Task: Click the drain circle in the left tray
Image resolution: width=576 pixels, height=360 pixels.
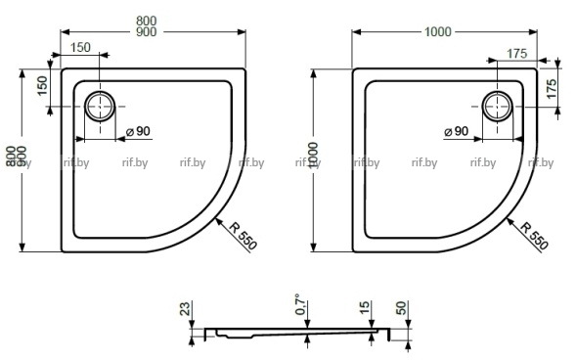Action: click(x=85, y=107)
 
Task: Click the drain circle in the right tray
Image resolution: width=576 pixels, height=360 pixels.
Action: click(x=482, y=107)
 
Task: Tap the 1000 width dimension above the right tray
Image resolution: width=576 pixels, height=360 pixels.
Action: click(x=438, y=31)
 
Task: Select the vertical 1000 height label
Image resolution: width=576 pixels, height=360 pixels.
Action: click(x=313, y=156)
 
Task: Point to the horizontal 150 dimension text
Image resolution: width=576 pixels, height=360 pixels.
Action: click(x=80, y=47)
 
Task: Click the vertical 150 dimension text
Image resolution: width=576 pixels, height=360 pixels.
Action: click(x=43, y=85)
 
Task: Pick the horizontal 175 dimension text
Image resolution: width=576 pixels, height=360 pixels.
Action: click(x=517, y=54)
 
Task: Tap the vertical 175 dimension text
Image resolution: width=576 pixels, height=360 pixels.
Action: click(x=552, y=88)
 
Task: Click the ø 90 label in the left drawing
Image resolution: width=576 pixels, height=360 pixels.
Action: click(x=138, y=131)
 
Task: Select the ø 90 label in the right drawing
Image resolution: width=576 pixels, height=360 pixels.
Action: click(x=457, y=131)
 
